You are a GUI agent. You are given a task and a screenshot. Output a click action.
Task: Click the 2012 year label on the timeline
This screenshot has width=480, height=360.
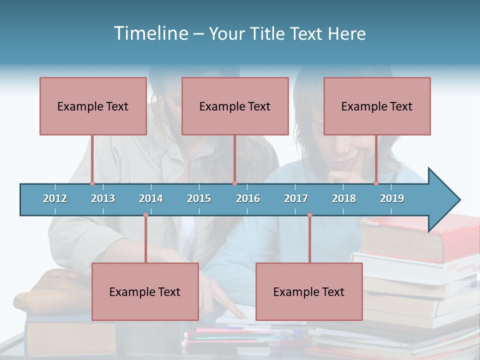pos(55,198)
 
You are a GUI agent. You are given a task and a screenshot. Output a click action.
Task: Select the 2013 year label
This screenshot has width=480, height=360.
pos(103,198)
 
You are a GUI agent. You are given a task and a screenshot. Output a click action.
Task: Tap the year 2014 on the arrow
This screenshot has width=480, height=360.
pos(151,198)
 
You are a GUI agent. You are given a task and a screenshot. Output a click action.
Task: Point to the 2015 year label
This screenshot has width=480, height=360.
pos(199,198)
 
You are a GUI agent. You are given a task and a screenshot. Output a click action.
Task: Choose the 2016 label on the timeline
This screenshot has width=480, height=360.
pos(248,198)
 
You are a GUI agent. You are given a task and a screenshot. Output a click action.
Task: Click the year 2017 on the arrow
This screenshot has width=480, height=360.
pos(296,198)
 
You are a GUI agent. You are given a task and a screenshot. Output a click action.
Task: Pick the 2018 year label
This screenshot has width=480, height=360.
pos(344,198)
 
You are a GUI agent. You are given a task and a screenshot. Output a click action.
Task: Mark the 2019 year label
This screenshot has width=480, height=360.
pos(392,198)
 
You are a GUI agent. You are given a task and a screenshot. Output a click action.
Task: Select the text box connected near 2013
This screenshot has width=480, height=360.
pos(93,106)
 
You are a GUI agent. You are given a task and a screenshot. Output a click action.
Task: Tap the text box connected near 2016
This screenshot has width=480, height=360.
pos(235,106)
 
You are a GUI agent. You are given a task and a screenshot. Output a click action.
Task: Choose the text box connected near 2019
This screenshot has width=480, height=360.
pos(377,106)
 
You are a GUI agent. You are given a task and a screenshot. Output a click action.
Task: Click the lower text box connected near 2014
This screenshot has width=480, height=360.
pos(145,291)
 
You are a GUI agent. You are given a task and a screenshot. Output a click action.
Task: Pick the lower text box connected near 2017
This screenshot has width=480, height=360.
pos(309,291)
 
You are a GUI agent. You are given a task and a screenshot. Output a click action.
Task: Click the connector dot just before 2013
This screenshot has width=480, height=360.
pos(92,183)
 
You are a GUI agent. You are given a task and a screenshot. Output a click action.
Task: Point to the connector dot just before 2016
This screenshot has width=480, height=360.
pos(234,183)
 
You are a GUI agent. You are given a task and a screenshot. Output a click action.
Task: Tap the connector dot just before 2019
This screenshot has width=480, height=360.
pos(376,183)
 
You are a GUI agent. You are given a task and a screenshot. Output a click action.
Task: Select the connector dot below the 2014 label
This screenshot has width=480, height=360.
pos(145,215)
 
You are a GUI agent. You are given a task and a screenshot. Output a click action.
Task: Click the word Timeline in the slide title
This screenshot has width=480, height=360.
pos(150,33)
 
